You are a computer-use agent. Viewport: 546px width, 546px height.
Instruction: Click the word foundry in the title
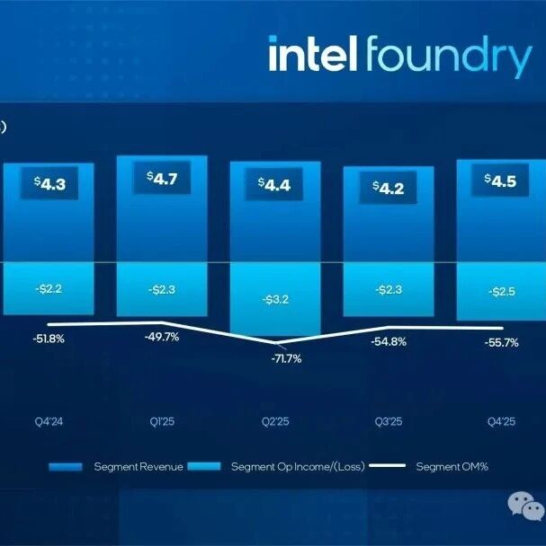point(447,57)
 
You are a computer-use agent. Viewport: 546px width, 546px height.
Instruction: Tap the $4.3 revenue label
point(49,184)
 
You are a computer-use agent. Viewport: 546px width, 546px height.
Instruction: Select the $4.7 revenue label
point(162,178)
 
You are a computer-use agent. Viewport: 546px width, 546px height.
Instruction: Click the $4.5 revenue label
point(500,181)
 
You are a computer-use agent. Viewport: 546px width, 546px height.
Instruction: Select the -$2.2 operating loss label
point(49,289)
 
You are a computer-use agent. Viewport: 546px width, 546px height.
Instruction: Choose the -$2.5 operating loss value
point(501,292)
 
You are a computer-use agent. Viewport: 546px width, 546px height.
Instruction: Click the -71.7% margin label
point(286,358)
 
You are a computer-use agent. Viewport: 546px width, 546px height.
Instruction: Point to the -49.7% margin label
point(162,337)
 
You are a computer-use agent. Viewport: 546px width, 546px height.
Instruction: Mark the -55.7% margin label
point(501,342)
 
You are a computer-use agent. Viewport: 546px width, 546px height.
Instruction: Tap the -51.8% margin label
point(49,339)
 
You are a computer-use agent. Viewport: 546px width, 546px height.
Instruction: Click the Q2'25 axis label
point(274,420)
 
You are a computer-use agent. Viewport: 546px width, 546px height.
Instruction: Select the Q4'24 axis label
point(49,420)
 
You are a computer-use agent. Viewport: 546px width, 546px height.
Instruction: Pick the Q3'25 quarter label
point(388,420)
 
